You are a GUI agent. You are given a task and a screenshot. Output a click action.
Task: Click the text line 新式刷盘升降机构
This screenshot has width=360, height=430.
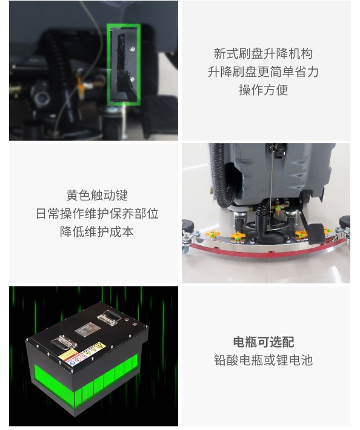(263, 54)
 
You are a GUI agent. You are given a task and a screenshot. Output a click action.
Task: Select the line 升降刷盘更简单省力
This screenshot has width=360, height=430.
(263, 72)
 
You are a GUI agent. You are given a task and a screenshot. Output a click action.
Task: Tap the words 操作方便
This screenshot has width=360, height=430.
(263, 90)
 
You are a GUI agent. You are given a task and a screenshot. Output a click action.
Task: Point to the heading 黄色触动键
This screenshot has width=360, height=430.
(97, 195)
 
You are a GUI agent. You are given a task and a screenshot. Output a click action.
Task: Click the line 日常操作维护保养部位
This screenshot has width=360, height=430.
(97, 213)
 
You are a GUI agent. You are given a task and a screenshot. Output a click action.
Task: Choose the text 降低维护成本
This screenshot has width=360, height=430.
(97, 231)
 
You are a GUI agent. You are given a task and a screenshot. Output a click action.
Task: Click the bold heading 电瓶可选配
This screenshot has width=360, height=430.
(264, 342)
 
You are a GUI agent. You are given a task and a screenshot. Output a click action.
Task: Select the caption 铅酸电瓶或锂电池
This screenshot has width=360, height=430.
(263, 360)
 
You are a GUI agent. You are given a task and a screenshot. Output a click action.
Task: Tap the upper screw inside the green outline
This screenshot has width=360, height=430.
(132, 49)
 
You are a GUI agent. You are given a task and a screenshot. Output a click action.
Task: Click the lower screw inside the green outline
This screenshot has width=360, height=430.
(132, 79)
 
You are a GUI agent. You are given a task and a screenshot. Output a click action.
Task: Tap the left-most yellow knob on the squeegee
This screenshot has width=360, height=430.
(212, 234)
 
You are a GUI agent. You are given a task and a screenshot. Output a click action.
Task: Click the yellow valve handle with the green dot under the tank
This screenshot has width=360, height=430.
(278, 210)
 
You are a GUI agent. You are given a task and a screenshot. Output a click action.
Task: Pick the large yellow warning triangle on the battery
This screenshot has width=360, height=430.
(99, 346)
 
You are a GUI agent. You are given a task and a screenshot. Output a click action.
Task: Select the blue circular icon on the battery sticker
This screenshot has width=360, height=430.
(73, 363)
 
